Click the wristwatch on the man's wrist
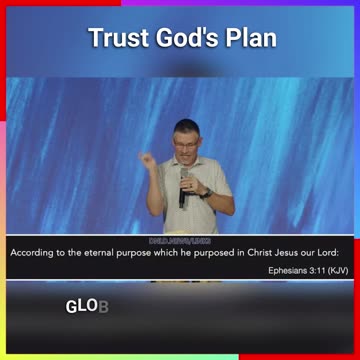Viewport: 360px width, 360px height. pos(205,193)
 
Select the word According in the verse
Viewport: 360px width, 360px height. pos(32,252)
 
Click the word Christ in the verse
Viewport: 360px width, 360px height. pos(258,252)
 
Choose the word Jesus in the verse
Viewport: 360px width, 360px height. pos(292,252)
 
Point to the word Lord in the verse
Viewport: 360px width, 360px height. pos(335,252)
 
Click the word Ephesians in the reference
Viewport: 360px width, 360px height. pos(288,270)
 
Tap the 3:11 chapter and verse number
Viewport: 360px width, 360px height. pos(317,270)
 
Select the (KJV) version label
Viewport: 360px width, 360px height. pos(338,270)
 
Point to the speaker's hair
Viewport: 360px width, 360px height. pos(186,127)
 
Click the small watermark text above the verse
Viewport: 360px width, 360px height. pos(180,241)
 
